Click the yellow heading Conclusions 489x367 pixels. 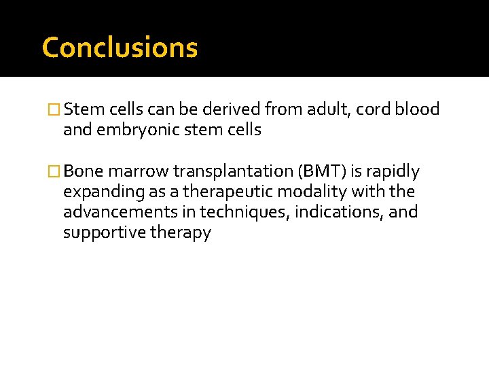[120, 48]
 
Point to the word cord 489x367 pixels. [375, 109]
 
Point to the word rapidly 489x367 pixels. [394, 171]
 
